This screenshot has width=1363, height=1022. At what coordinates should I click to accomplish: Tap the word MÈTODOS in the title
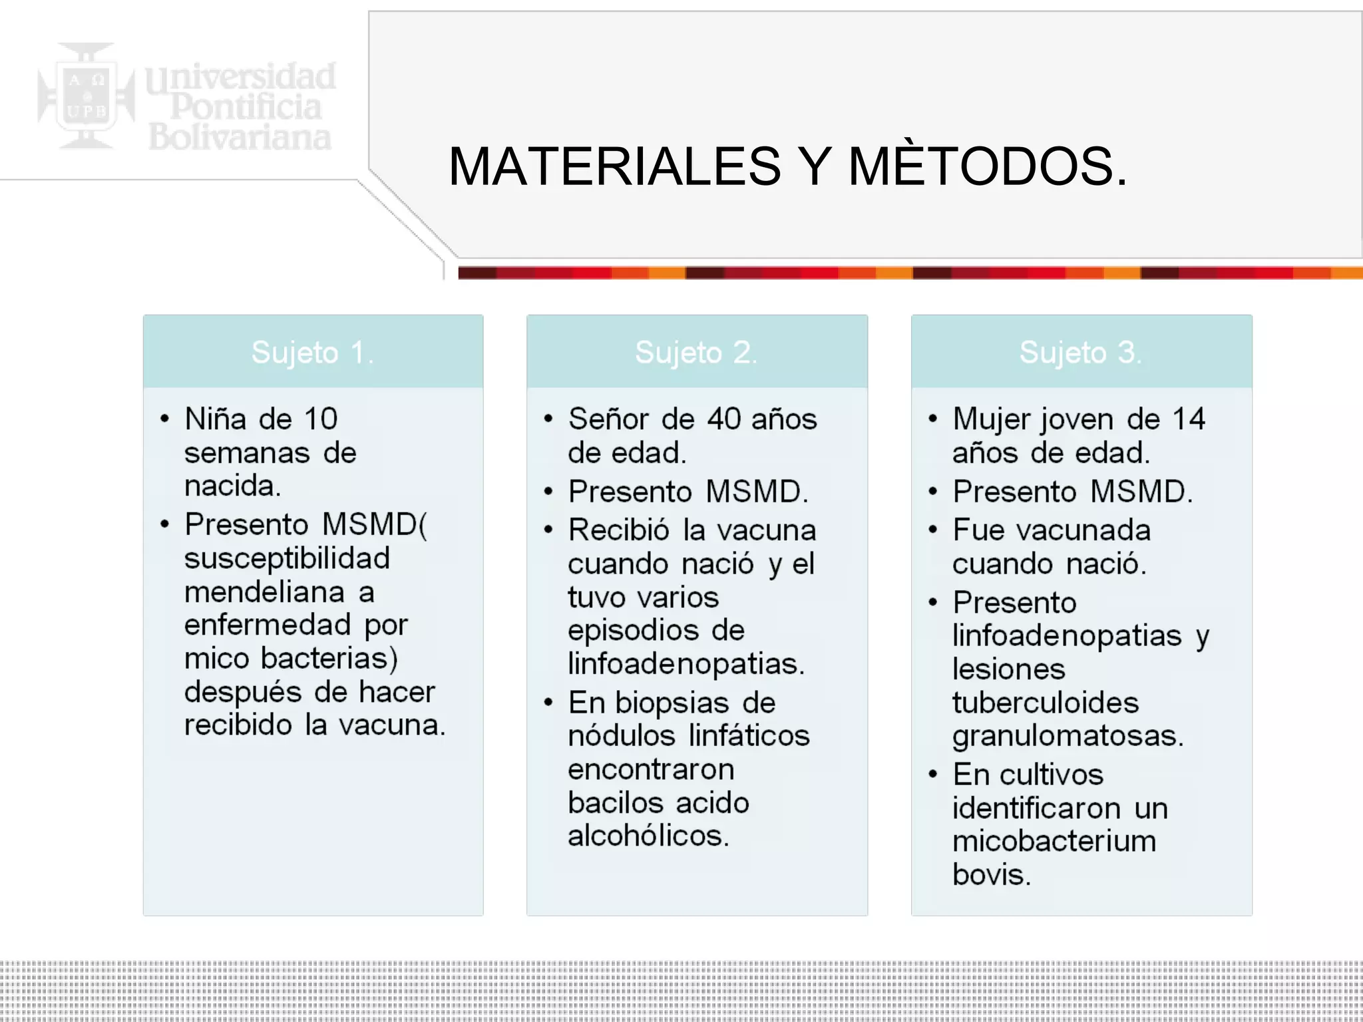pyautogui.click(x=988, y=166)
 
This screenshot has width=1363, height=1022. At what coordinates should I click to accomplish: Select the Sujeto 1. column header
pyautogui.click(x=313, y=352)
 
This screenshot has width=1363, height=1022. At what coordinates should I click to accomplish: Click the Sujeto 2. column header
pyautogui.click(x=696, y=352)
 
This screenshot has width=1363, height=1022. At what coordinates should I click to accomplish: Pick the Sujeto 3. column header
pyautogui.click(x=1081, y=352)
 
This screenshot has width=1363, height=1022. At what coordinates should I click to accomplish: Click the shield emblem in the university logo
pyautogui.click(x=87, y=96)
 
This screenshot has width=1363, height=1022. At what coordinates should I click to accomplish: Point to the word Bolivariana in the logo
pyautogui.click(x=240, y=137)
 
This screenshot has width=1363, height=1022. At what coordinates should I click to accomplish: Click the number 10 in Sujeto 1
pyautogui.click(x=321, y=419)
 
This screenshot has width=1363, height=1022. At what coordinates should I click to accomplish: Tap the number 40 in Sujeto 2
pyautogui.click(x=724, y=419)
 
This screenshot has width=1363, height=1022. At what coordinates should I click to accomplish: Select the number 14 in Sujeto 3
pyautogui.click(x=1189, y=419)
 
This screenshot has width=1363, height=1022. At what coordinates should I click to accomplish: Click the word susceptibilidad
pyautogui.click(x=287, y=558)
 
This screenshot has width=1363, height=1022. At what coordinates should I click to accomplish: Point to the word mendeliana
pyautogui.click(x=265, y=592)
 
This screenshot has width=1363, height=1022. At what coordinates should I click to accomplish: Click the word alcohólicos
pyautogui.click(x=648, y=836)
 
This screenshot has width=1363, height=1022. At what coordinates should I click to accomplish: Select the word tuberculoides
pyautogui.click(x=1046, y=703)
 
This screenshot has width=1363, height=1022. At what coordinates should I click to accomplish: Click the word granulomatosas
pyautogui.click(x=1068, y=736)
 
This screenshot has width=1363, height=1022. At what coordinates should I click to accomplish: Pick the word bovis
pyautogui.click(x=991, y=874)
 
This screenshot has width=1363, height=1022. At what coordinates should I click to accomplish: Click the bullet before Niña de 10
pyautogui.click(x=165, y=419)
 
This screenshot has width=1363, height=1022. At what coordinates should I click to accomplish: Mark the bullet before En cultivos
pyautogui.click(x=933, y=774)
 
